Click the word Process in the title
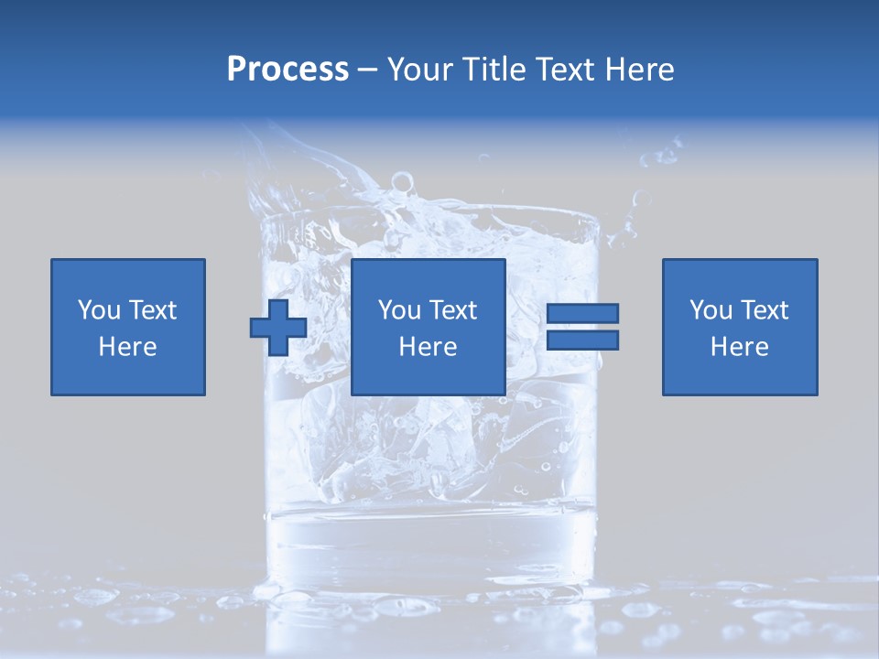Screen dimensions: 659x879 click(288, 70)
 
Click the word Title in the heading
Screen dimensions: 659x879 click(497, 70)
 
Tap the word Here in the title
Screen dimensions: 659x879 click(638, 70)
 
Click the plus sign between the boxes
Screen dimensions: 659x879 click(278, 327)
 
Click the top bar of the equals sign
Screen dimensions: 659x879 click(582, 313)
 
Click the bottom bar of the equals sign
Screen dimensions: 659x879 click(582, 340)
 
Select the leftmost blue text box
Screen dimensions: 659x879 click(128, 327)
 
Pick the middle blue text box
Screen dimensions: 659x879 click(428, 327)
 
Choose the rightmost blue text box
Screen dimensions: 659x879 click(740, 327)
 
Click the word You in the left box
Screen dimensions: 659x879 click(99, 310)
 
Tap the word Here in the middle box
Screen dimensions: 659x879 click(428, 347)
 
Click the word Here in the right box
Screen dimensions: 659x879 click(740, 347)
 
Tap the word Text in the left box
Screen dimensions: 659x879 click(151, 310)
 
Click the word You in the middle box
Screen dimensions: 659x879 click(399, 310)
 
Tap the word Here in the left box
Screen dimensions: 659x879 click(128, 347)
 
